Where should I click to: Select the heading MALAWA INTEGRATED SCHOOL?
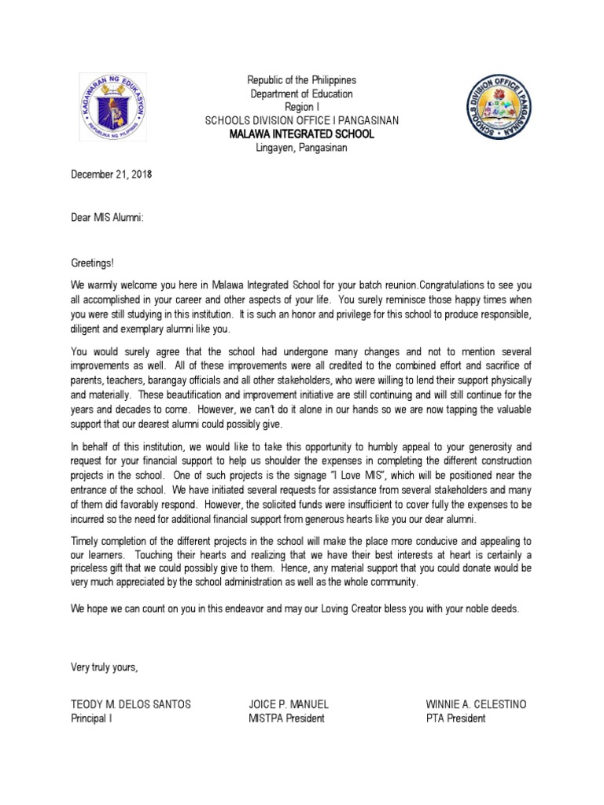302,134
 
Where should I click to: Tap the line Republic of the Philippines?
302,80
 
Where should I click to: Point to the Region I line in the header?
302,107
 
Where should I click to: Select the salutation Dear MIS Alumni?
107,215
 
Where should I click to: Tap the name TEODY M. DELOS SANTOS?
130,704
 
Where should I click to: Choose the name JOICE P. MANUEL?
289,704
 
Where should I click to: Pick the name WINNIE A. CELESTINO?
476,704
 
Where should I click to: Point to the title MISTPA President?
286,718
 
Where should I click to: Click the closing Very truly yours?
105,667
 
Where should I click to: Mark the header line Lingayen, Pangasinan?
302,147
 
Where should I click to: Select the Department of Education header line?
302,94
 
